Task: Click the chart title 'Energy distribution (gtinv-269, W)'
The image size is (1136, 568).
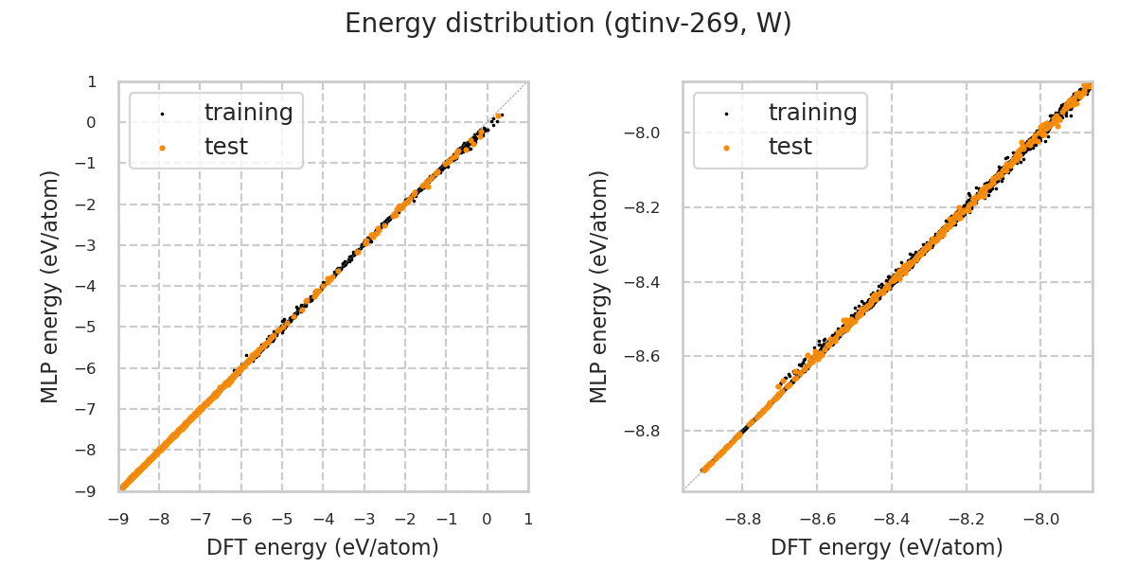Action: coord(568,25)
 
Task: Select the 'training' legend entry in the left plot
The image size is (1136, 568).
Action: coord(248,113)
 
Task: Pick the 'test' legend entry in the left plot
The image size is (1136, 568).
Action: coord(225,147)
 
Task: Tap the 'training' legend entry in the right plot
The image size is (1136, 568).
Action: coord(812,113)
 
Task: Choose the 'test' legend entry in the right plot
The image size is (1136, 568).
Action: coord(790,147)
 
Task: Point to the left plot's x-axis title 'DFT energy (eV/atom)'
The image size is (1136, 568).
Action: coord(323,547)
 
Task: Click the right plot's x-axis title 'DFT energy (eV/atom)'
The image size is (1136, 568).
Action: coord(887,547)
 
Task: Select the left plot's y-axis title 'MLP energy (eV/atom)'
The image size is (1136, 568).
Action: coord(51,286)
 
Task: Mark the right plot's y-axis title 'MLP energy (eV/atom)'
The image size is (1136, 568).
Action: coord(599,286)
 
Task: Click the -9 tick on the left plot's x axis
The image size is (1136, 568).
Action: coord(118,519)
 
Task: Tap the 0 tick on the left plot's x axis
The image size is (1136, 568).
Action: coord(487,519)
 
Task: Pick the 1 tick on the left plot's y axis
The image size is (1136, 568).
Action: coord(92,81)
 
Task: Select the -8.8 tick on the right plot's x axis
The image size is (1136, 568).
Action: coord(742,519)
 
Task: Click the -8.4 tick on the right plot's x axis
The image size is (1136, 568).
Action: coord(891,519)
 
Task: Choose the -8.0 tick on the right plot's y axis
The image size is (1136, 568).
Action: coord(654,133)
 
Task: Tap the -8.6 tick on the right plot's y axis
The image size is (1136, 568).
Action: coord(654,356)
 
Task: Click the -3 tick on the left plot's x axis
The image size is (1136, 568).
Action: coord(364,519)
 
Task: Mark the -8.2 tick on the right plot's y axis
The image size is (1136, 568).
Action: coord(654,207)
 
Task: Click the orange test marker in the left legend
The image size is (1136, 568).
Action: coord(162,148)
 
